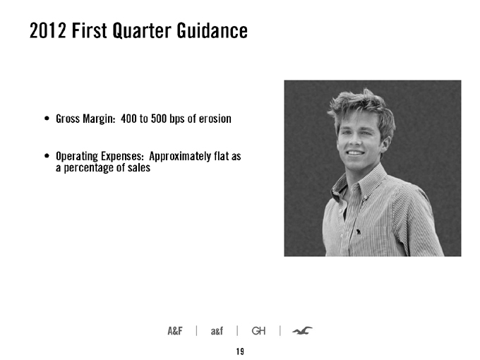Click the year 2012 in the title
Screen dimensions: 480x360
pyautogui.click(x=47, y=30)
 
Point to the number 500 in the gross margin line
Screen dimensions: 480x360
pyautogui.click(x=159, y=119)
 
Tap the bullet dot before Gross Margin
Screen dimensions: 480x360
pyautogui.click(x=47, y=119)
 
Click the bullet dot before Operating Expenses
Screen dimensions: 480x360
pyautogui.click(x=47, y=156)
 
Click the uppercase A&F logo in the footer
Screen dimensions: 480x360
pyautogui.click(x=175, y=331)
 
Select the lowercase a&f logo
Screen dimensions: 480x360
pyautogui.click(x=217, y=331)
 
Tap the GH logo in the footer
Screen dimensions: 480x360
pyautogui.click(x=258, y=331)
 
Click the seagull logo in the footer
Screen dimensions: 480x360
pyautogui.click(x=302, y=330)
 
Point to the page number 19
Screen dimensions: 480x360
pyautogui.click(x=240, y=352)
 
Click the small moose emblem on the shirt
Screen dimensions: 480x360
pyautogui.click(x=359, y=232)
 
